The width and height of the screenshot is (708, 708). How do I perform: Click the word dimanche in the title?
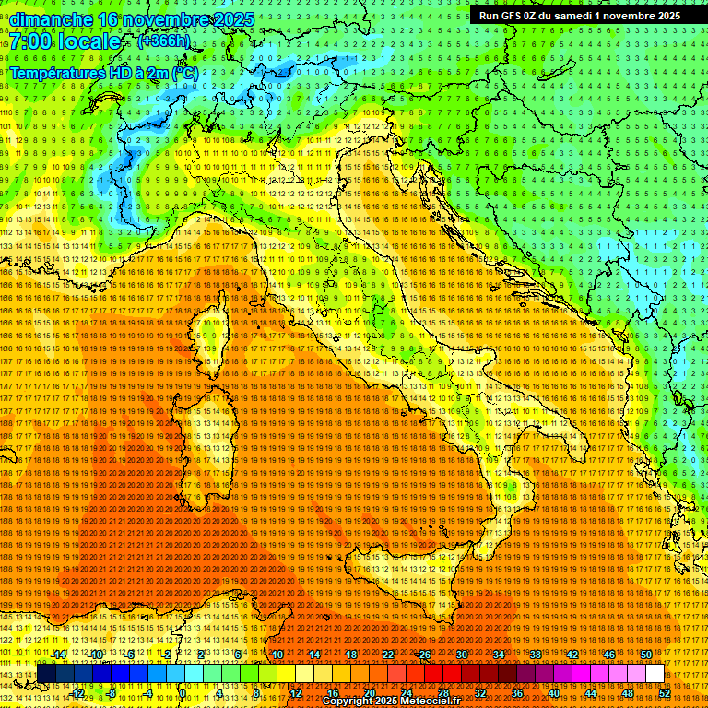pos(52,19)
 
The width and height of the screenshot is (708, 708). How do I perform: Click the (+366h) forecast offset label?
pos(164,41)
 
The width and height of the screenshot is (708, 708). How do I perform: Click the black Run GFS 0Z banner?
pos(579,16)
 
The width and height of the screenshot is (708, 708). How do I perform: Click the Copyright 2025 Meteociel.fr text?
pos(387,702)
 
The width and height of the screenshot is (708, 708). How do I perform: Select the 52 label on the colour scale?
pos(665,693)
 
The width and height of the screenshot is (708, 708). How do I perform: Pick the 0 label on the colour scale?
pos(183,693)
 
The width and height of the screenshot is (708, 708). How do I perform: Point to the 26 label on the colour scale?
pos(425,654)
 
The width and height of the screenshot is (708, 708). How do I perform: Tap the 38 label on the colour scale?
pos(536,654)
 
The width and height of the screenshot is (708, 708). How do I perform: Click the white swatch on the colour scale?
pos(655,674)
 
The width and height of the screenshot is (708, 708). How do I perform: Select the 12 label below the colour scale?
pos(296,693)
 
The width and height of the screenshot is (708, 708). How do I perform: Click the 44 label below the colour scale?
pos(591,693)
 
